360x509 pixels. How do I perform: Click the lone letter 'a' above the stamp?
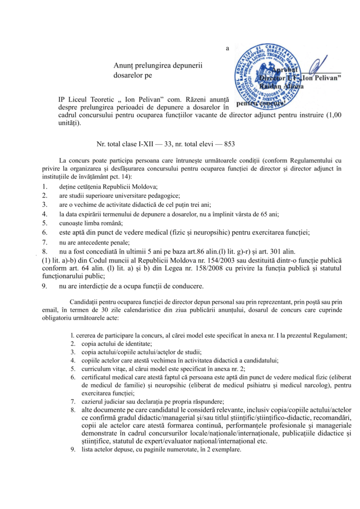click(227, 48)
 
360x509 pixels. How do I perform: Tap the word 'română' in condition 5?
click(112, 223)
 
